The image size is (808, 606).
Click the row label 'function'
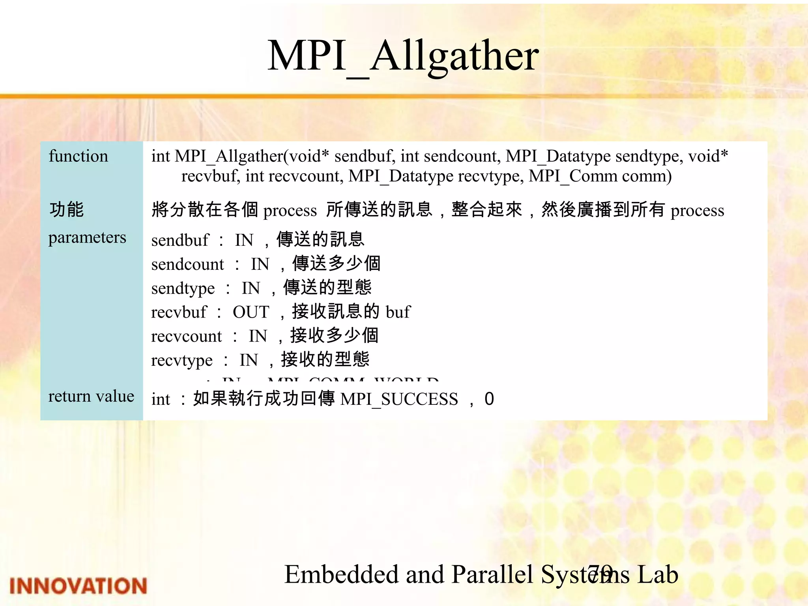78,156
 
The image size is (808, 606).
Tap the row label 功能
66,209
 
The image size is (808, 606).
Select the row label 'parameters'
87,238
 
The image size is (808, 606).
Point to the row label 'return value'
91,396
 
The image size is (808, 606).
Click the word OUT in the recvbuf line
251,312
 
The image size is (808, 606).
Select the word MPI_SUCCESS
399,399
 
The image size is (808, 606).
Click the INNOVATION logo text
78,586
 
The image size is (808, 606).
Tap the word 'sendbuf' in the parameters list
180,240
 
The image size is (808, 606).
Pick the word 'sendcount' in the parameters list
187,264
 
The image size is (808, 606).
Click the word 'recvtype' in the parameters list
182,360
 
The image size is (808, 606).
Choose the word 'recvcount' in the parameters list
187,336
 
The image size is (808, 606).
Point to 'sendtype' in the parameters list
183,288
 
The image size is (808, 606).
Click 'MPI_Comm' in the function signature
572,176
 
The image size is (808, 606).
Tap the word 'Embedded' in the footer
342,574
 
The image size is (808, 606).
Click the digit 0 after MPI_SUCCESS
489,399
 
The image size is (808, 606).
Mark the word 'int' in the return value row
161,399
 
